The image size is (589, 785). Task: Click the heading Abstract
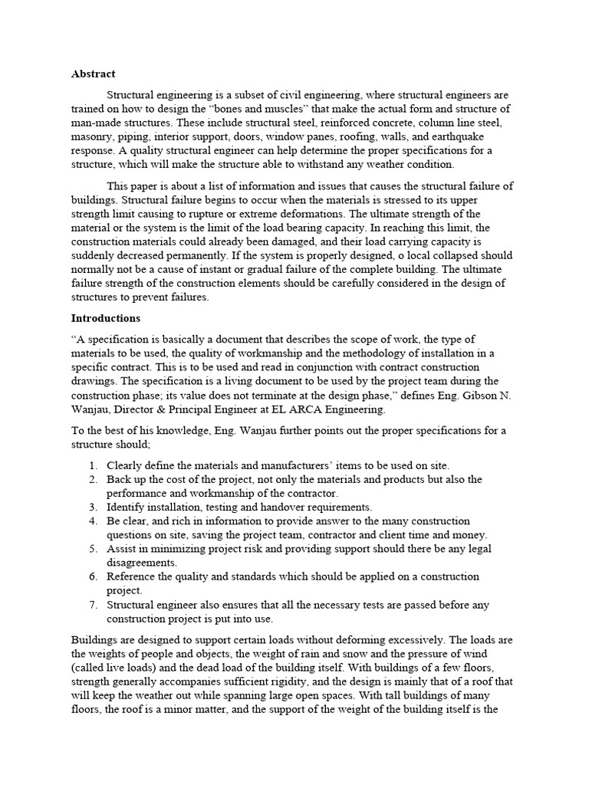(94, 74)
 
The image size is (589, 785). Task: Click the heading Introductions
(106, 317)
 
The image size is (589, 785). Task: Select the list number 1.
(93, 465)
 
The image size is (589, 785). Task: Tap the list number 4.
(93, 521)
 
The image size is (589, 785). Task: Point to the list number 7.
(93, 605)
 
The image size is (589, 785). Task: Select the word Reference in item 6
(132, 576)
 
